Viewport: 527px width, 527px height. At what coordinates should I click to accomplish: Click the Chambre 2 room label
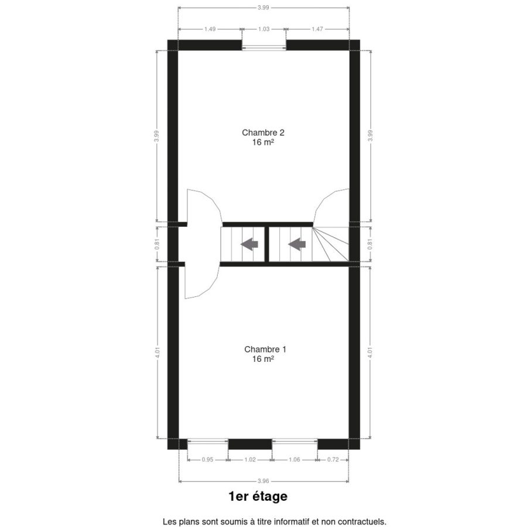[263, 133]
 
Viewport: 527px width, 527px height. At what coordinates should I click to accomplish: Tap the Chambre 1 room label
[265, 350]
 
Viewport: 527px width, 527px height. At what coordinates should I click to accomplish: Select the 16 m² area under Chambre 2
[263, 142]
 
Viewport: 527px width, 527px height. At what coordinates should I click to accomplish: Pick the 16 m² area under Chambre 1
[263, 359]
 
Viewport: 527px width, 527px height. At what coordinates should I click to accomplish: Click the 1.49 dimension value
[210, 29]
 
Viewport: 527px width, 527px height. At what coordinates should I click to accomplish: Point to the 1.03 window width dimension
[263, 29]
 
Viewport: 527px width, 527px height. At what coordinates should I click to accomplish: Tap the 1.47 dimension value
[317, 29]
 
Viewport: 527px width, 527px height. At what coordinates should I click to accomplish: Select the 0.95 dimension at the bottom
[207, 460]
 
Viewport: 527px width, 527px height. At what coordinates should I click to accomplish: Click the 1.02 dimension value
[249, 460]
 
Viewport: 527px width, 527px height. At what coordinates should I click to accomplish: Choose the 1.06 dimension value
[294, 460]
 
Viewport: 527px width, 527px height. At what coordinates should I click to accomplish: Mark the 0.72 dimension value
[333, 460]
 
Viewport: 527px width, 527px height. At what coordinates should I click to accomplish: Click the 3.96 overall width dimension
[263, 481]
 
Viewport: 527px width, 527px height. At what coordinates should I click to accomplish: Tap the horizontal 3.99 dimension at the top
[263, 8]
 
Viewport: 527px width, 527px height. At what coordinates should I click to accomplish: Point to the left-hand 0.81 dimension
[157, 244]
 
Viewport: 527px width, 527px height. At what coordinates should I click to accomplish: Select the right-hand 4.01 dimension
[370, 353]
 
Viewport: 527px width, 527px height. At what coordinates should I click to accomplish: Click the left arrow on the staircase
[249, 244]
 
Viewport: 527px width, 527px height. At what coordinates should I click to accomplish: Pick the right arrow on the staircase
[297, 244]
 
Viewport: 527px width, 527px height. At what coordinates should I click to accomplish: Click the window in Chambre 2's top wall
[264, 45]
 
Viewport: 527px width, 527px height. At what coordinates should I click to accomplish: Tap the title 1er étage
[258, 497]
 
